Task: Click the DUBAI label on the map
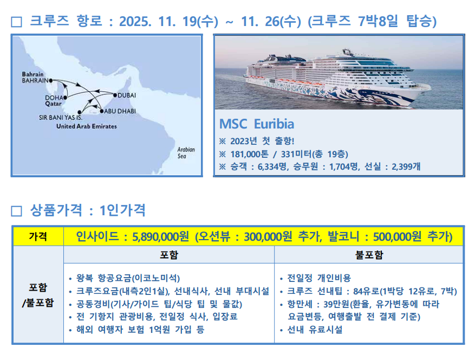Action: click(x=127, y=95)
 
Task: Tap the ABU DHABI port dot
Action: click(x=102, y=111)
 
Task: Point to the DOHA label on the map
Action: click(x=54, y=98)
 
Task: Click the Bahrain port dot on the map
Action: click(x=51, y=81)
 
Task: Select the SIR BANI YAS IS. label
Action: click(x=61, y=117)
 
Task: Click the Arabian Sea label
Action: click(x=186, y=153)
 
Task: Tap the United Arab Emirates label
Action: click(x=86, y=126)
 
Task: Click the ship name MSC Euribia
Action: click(x=257, y=124)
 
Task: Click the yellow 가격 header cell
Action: click(x=38, y=236)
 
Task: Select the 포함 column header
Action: click(x=169, y=255)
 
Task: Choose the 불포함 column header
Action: click(x=369, y=255)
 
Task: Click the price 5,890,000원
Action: click(x=160, y=236)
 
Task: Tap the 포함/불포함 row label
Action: click(x=38, y=295)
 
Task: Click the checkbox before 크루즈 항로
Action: click(x=16, y=22)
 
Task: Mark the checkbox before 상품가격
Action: click(x=16, y=211)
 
